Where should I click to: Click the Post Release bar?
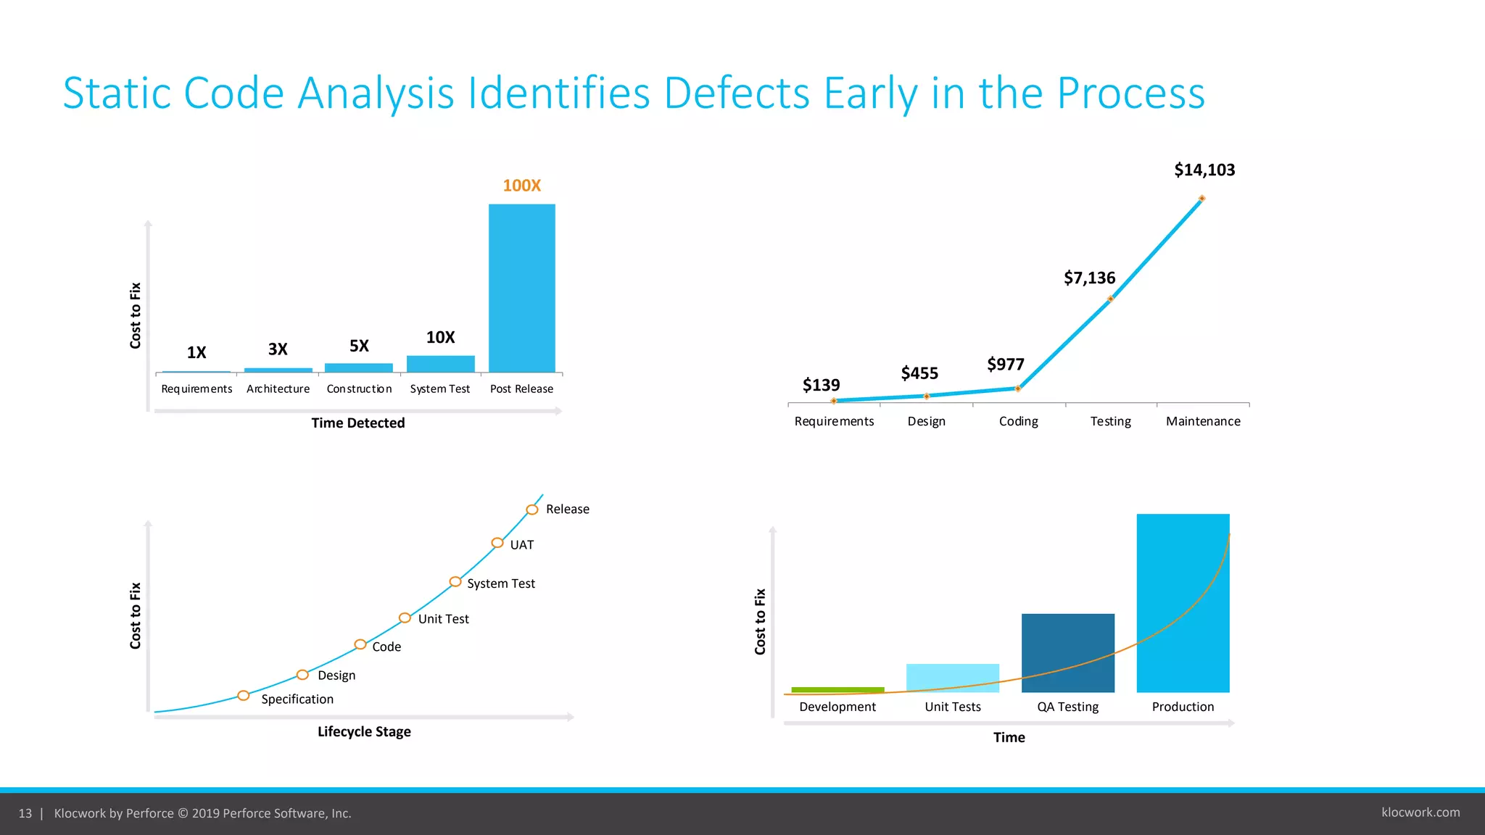pyautogui.click(x=521, y=288)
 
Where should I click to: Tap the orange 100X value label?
pyautogui.click(x=521, y=186)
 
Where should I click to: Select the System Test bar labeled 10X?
pyautogui.click(x=440, y=363)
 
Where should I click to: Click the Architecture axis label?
pyautogui.click(x=278, y=389)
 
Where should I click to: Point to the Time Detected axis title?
pyautogui.click(x=357, y=423)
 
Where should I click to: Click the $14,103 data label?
pyautogui.click(x=1204, y=170)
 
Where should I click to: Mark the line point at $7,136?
pyautogui.click(x=1110, y=299)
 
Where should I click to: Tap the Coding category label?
pyautogui.click(x=1018, y=422)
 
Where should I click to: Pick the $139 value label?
pyautogui.click(x=821, y=386)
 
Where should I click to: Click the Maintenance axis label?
pyautogui.click(x=1202, y=422)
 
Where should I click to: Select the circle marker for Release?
pyautogui.click(x=532, y=510)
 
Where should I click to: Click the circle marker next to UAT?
pyautogui.click(x=497, y=543)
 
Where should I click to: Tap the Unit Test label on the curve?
pyautogui.click(x=443, y=619)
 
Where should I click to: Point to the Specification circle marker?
pyautogui.click(x=244, y=696)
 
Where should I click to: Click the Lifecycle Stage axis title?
pyautogui.click(x=364, y=732)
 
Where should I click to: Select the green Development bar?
pyautogui.click(x=837, y=689)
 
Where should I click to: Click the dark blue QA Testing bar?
pyautogui.click(x=1067, y=652)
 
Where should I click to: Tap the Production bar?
pyautogui.click(x=1182, y=602)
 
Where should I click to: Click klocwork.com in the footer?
pyautogui.click(x=1420, y=813)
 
